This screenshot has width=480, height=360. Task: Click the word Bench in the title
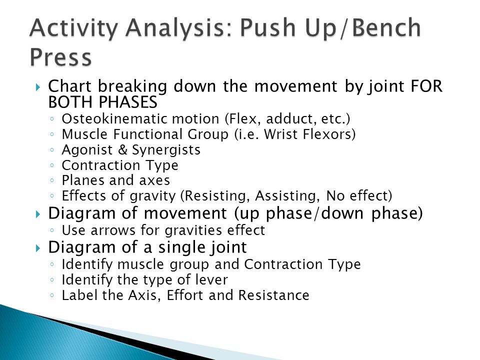(386, 27)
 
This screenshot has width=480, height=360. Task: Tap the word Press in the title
(61, 56)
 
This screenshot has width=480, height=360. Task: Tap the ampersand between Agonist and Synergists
(122, 149)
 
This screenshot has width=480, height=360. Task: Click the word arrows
(113, 230)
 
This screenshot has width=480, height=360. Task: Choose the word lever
(212, 280)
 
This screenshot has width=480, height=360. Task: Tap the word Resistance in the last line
(274, 295)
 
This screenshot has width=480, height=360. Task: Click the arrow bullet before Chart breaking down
(38, 87)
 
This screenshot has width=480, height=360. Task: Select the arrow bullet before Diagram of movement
(38, 214)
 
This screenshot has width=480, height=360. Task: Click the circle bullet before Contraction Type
(52, 165)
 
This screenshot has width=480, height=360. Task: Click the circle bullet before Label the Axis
(52, 295)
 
